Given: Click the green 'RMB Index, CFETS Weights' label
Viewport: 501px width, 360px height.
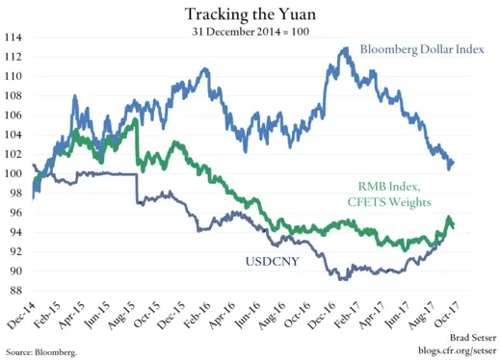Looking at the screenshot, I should click(x=401, y=193).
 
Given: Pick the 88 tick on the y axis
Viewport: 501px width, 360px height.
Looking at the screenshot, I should click(x=15, y=290).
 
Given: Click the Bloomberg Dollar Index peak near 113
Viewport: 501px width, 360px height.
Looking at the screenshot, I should click(x=344, y=48).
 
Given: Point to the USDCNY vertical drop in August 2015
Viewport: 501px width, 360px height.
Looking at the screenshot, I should click(x=136, y=189).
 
